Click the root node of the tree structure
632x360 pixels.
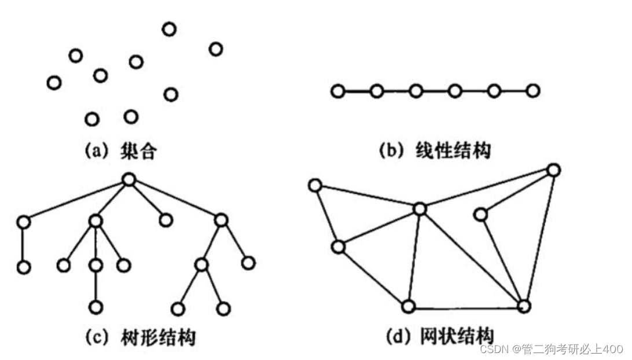coord(129,180)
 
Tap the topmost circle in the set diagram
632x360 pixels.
coord(169,29)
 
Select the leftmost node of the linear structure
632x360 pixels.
coord(338,91)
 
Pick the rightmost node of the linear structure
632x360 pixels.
coord(533,90)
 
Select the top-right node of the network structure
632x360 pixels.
coord(553,170)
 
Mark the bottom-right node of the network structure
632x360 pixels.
coord(524,306)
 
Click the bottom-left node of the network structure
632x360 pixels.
coord(409,306)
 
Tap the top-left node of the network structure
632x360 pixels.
coord(315,185)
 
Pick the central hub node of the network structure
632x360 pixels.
coord(420,209)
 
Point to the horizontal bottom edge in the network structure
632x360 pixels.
coord(466,307)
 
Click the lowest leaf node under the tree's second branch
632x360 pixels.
coord(96,306)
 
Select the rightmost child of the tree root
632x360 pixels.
coord(221,220)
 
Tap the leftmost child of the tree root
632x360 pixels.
coord(23,221)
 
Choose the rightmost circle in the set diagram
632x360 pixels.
coord(216,49)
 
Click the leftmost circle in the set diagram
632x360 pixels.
coord(54,83)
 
